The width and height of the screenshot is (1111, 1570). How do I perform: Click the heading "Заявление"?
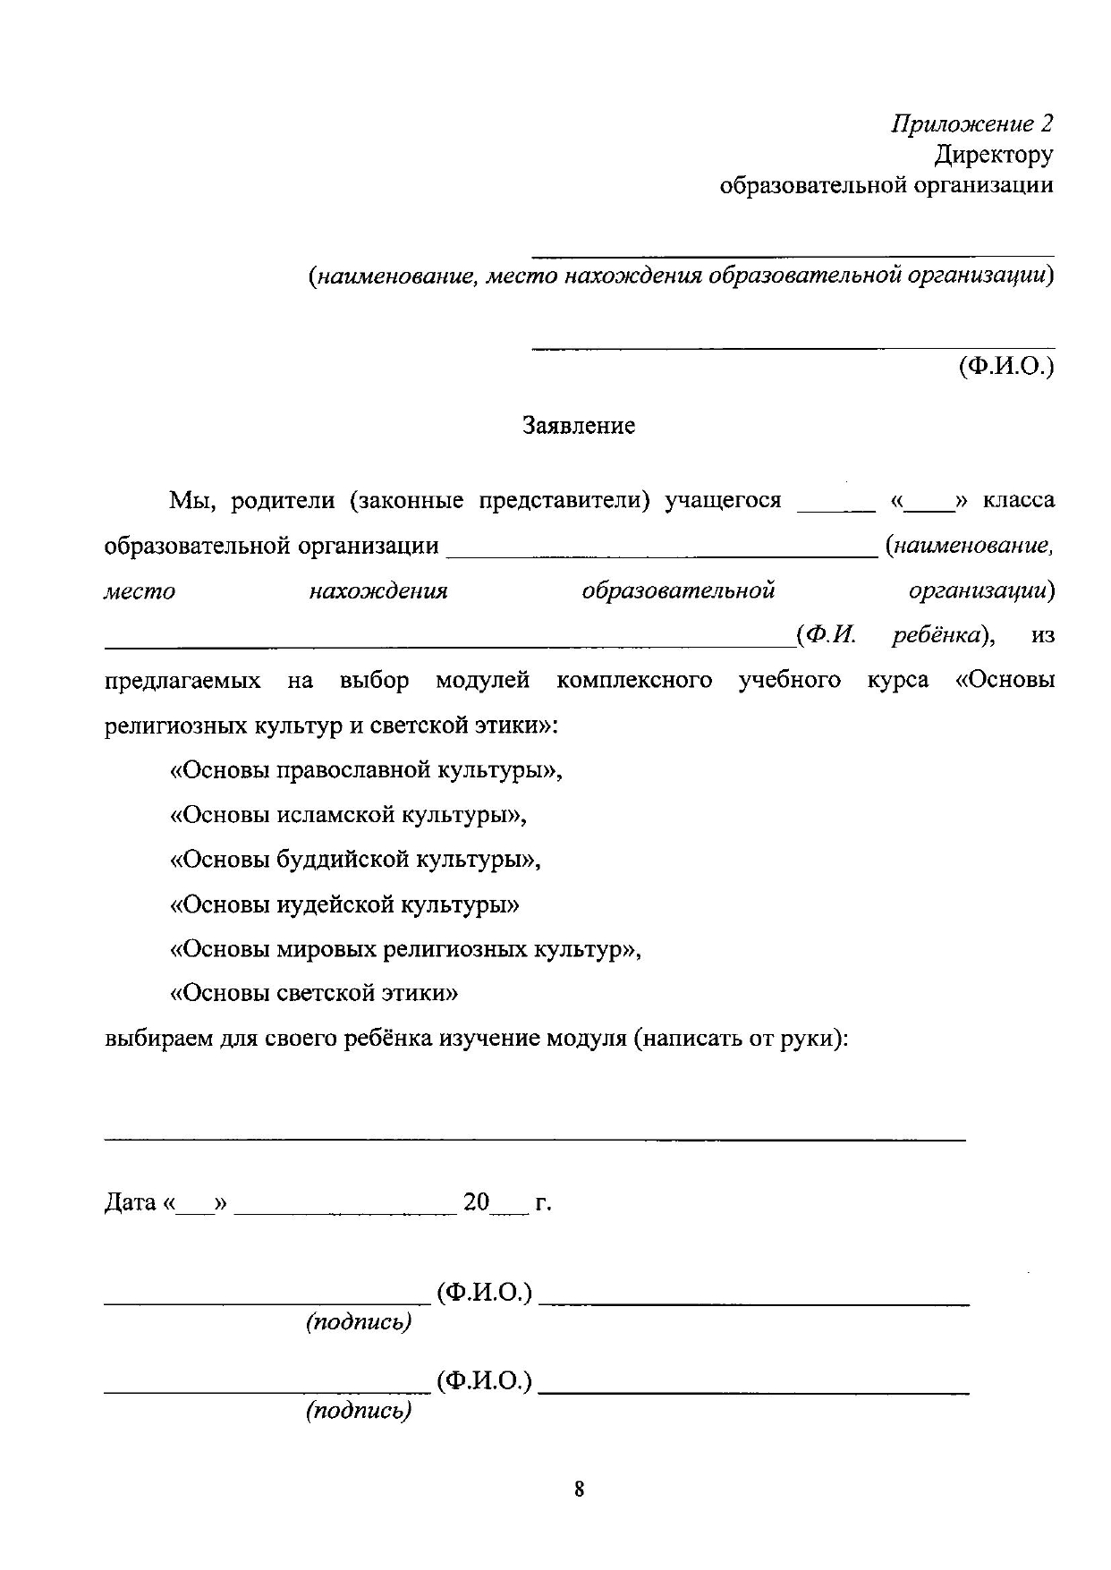coord(579,426)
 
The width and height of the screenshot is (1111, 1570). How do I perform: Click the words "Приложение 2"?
coord(971,124)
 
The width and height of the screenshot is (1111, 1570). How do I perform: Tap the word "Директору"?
coord(993,156)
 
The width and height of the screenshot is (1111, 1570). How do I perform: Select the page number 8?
coord(579,1489)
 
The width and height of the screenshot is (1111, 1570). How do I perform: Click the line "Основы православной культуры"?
coord(366,770)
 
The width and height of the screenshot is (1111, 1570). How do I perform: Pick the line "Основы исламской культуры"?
coord(348,815)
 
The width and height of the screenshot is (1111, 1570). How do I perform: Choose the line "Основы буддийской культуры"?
coord(355,860)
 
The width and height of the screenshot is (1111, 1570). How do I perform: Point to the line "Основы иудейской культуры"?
coord(344,904)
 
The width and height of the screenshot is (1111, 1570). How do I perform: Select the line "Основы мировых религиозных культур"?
coord(405,949)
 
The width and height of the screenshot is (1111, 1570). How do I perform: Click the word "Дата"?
coord(131,1202)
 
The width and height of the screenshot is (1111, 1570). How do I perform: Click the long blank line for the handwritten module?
coord(535,1137)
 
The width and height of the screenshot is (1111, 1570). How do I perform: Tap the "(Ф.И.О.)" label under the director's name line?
coord(1005,367)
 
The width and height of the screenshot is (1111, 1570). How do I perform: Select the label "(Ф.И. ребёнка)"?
coord(895,636)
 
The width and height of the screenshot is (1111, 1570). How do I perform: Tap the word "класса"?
coord(1018,501)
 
